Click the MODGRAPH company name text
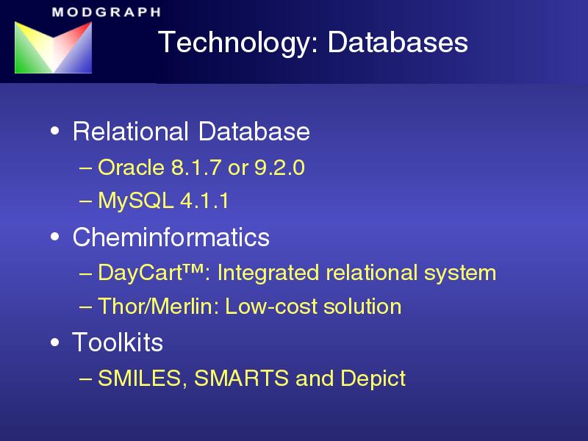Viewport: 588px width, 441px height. tap(107, 12)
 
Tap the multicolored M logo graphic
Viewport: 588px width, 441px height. tap(53, 47)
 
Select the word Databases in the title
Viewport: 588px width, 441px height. tap(398, 42)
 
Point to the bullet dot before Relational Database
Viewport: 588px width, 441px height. tap(54, 131)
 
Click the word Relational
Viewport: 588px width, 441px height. tap(131, 132)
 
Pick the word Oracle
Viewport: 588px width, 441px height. tap(131, 168)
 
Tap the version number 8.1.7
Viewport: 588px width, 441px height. tap(196, 168)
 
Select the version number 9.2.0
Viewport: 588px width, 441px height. tap(279, 168)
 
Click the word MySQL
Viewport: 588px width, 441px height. tap(135, 201)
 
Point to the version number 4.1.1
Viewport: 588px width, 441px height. tap(204, 201)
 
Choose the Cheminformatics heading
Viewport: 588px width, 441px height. tap(171, 237)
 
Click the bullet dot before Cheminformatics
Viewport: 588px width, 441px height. tap(54, 236)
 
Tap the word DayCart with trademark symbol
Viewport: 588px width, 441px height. tap(151, 273)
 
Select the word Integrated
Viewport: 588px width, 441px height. tap(268, 273)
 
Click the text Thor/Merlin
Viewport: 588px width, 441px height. tap(158, 306)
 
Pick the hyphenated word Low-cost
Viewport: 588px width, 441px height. tap(271, 306)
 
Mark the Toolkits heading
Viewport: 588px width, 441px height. tap(118, 342)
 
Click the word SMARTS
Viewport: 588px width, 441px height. tap(242, 378)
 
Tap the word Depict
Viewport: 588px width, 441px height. tap(373, 379)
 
